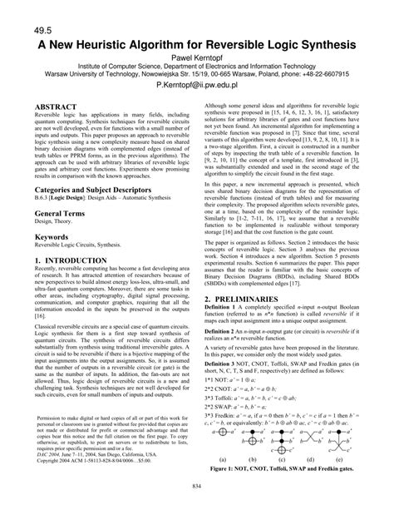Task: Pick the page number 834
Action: point(197,486)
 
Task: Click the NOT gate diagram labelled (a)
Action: point(222,444)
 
